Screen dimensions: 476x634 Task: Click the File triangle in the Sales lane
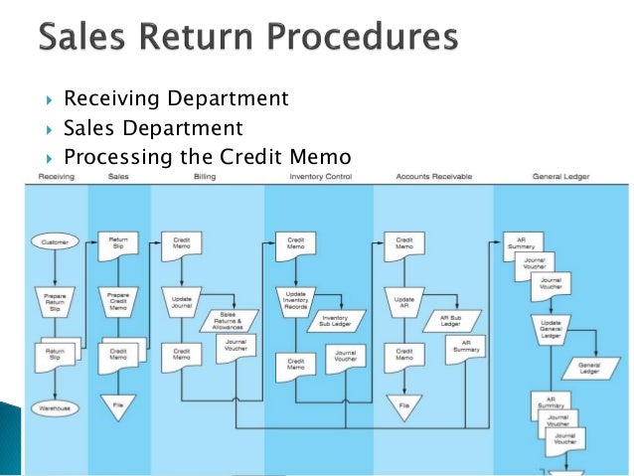pyautogui.click(x=118, y=403)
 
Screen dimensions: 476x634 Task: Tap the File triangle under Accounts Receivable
pyautogui.click(x=403, y=403)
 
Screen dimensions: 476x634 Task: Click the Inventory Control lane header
pyautogui.click(x=319, y=176)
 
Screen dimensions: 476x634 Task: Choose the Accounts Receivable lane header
pyautogui.click(x=433, y=176)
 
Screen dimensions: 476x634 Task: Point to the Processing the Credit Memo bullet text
pyautogui.click(x=207, y=157)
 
